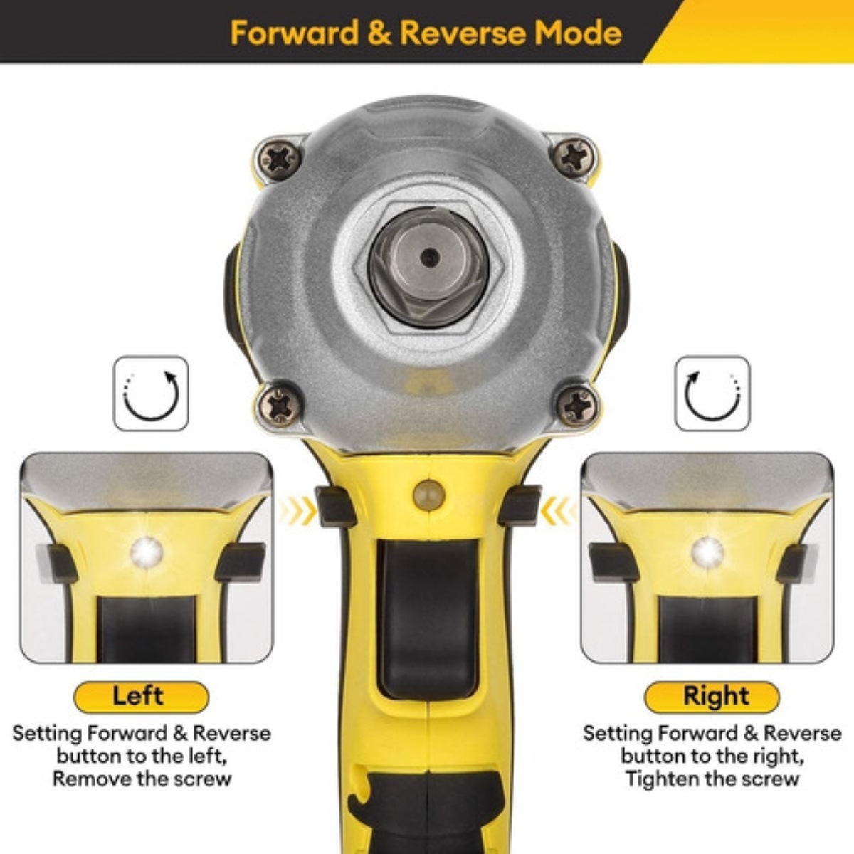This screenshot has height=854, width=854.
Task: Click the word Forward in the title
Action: pos(295,33)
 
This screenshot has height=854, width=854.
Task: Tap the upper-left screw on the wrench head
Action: pos(280,159)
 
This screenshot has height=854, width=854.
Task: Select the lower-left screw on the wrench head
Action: pos(280,406)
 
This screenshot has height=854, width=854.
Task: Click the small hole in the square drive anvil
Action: pos(429,257)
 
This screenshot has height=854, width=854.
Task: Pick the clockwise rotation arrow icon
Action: pos(151,394)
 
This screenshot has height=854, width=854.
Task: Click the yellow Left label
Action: pos(141,697)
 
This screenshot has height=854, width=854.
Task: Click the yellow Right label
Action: pos(712,697)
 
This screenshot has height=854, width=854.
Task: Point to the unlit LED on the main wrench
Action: pos(429,494)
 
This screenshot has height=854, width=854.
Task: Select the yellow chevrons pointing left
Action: pos(558,511)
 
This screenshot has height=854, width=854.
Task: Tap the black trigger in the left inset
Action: pos(147,629)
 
